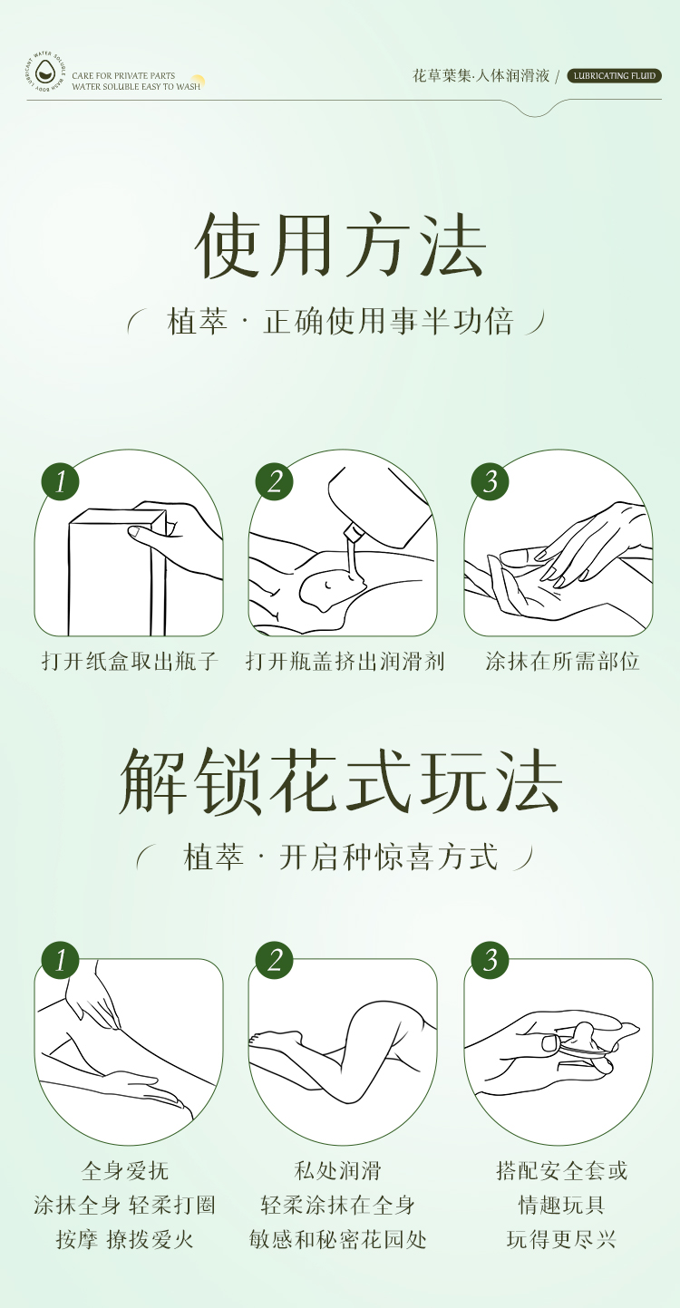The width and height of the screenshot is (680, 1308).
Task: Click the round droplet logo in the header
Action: coord(45,73)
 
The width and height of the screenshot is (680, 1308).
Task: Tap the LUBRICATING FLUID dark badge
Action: coord(614,75)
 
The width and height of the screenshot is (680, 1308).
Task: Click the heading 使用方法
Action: coord(341,245)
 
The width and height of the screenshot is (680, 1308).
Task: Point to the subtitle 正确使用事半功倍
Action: coord(388,321)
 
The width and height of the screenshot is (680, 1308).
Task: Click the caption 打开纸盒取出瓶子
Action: coord(130,662)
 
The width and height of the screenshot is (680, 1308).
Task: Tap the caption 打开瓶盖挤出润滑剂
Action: coord(345,662)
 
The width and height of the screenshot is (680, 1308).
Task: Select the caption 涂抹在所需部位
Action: coord(562,662)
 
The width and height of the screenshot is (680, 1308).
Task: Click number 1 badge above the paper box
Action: coord(60,481)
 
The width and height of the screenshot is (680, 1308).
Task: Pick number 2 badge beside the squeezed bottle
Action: coord(275,481)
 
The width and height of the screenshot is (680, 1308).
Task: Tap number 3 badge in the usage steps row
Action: coord(491,481)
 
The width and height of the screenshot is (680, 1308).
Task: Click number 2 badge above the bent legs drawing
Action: coord(275,961)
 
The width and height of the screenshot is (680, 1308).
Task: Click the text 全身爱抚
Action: coord(125,1170)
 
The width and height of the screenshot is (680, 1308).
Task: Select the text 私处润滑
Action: coord(337,1170)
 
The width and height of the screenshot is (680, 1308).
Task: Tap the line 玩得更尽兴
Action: coord(561,1239)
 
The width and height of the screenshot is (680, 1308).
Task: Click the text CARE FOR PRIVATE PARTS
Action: coord(123,75)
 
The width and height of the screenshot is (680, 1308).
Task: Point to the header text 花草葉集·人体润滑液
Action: coord(481,76)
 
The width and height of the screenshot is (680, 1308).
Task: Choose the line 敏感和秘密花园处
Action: coord(337,1239)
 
